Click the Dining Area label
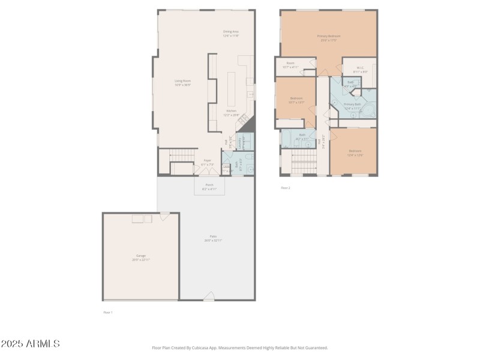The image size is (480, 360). pos(231,34)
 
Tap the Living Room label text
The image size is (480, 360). pos(182,83)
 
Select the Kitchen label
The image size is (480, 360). pos(231,112)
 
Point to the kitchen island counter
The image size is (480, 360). pos(231,90)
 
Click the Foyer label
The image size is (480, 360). pos(207,162)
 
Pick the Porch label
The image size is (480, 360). pos(209,187)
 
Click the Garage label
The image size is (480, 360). pos(141,257)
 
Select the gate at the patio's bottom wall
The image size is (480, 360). pos(208,296)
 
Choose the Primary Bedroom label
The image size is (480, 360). pos(329,38)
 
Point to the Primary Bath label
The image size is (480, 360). pos(352,106)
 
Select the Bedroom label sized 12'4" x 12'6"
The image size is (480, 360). pos(355,152)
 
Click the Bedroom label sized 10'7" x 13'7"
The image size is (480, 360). pos(296,100)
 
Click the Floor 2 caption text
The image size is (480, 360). pos(286,188)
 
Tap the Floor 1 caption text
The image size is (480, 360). pos(107,313)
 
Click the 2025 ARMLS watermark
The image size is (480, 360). pos(30,344)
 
